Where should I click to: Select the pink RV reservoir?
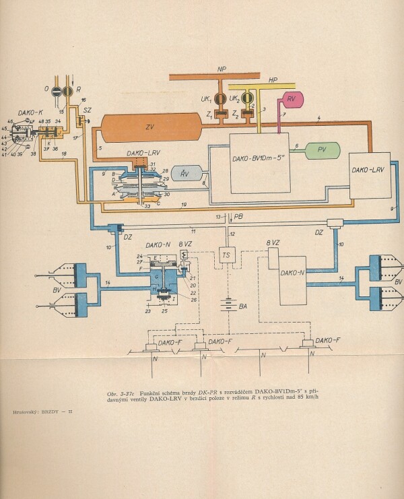coord(292,100)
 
